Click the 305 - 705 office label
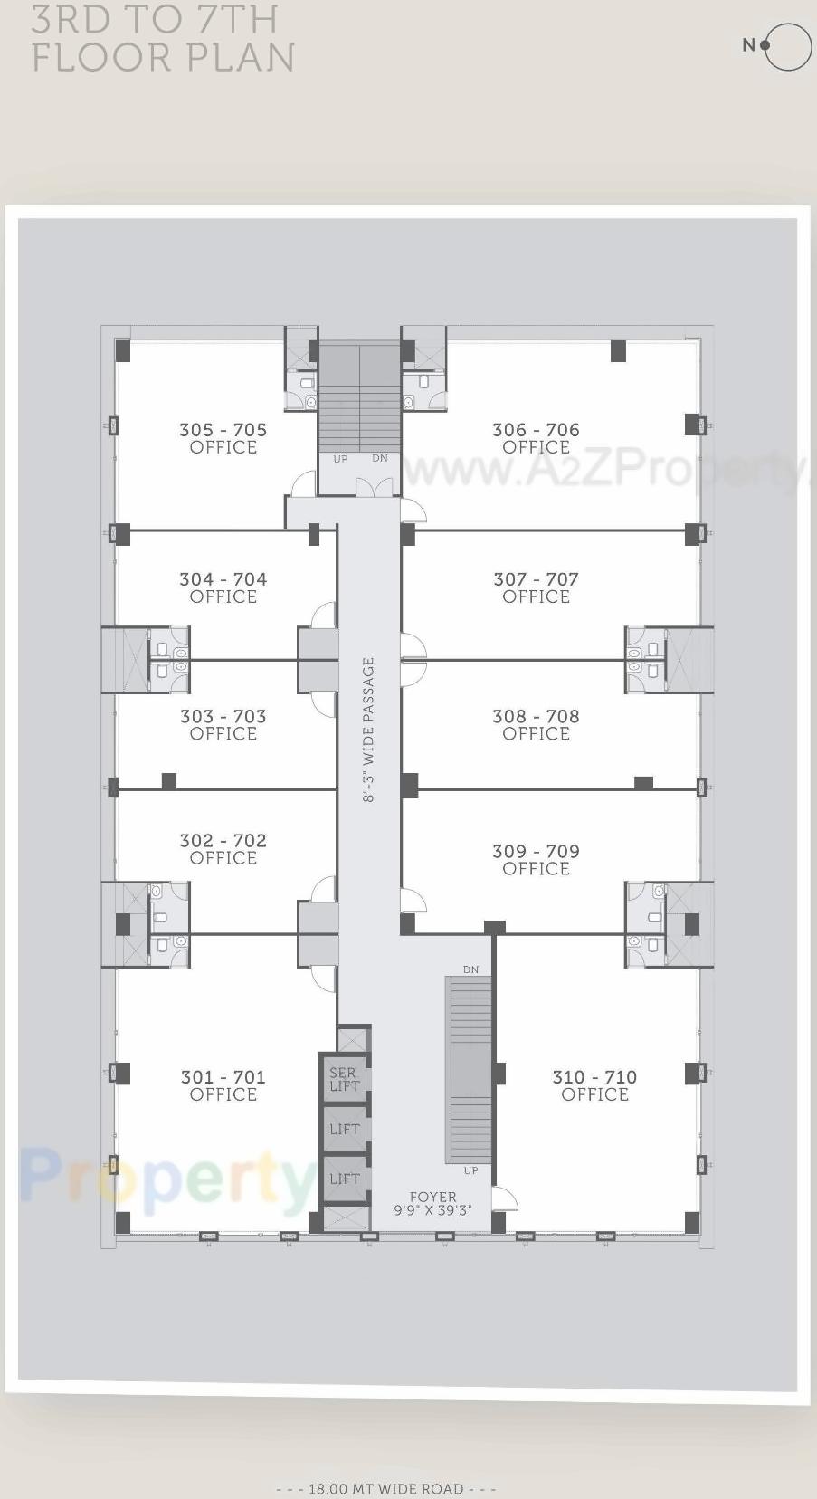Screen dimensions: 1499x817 point(223,438)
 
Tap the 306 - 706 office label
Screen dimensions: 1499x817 point(536,438)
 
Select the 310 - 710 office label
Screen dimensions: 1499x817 point(594,1085)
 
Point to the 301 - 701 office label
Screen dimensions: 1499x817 point(223,1085)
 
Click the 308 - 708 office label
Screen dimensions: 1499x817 point(536,724)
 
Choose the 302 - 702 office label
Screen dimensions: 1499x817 point(223,849)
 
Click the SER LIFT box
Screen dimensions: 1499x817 point(345,1079)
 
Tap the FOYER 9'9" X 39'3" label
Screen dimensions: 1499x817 point(432,1204)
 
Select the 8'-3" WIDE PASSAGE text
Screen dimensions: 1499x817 point(368,730)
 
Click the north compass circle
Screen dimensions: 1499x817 point(787,45)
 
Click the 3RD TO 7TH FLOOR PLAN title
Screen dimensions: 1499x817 point(163,38)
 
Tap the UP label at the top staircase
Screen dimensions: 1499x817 point(340,459)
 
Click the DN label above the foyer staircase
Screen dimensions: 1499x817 point(470,969)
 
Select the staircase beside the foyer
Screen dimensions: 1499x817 point(469,1070)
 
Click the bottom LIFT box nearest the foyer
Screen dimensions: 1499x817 point(345,1179)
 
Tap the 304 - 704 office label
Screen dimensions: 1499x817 point(223,587)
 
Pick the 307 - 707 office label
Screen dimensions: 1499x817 point(536,587)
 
